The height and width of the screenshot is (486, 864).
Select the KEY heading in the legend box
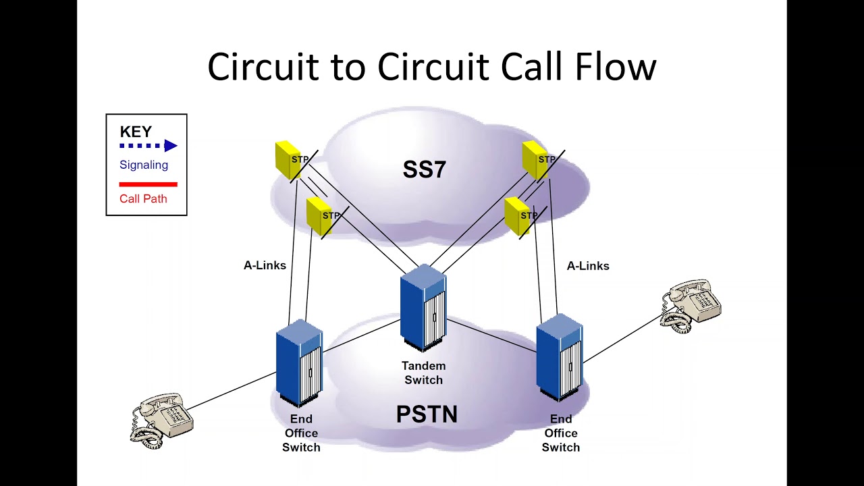point(136,132)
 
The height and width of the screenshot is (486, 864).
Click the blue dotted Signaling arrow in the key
point(148,146)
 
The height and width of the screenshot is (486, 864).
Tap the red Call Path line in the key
point(148,184)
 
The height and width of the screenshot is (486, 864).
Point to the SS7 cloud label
point(424,169)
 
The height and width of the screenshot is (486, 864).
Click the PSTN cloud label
point(427,414)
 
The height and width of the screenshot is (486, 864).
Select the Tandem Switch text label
point(423,373)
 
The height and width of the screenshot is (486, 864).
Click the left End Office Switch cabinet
point(299,363)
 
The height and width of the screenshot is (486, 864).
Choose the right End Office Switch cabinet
point(559,357)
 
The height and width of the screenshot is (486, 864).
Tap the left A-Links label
point(265,265)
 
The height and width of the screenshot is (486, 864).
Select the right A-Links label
point(588,266)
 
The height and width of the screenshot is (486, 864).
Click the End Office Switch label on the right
point(560,433)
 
